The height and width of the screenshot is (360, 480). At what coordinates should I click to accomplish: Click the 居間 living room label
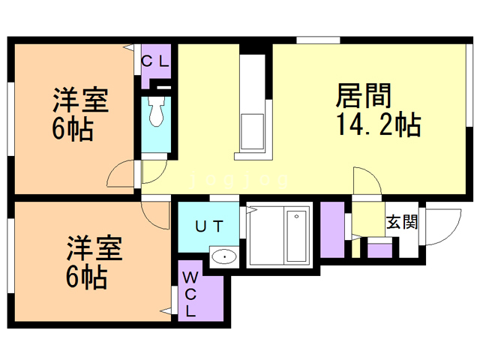click(364, 95)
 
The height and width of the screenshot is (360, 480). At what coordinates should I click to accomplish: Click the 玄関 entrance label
click(402, 222)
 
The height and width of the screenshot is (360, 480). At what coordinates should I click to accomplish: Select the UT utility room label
click(209, 226)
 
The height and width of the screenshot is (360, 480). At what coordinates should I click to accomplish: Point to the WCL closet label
click(190, 294)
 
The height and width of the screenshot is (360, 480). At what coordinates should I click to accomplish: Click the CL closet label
click(155, 62)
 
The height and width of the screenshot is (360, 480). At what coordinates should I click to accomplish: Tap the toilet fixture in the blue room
click(156, 112)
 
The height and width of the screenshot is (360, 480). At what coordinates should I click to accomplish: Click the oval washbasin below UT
click(224, 256)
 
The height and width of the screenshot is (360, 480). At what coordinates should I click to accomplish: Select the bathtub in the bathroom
click(296, 235)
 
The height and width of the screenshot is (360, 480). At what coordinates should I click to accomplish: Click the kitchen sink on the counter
click(253, 132)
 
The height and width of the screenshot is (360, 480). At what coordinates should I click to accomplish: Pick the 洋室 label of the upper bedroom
click(81, 100)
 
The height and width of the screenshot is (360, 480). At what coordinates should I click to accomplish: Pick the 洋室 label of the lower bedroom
click(94, 247)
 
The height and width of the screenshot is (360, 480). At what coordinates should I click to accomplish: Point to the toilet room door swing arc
click(159, 177)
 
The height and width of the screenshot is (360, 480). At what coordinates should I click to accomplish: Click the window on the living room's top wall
click(318, 40)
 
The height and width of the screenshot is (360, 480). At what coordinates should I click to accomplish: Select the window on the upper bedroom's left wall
click(10, 118)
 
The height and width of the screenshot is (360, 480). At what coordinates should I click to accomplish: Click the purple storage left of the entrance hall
click(332, 229)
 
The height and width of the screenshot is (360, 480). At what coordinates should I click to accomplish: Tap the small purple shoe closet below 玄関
click(379, 250)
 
